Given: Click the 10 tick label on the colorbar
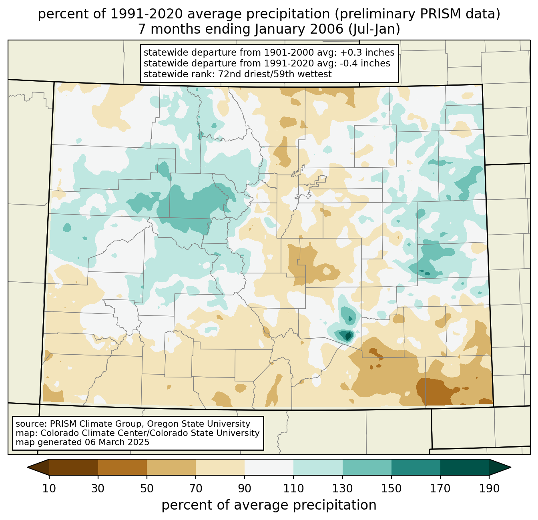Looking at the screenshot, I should coord(49,488).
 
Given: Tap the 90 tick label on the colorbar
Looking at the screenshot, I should coord(245,488).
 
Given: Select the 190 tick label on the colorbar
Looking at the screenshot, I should coord(489,488).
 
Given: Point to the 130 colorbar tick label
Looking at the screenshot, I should coord(342,488).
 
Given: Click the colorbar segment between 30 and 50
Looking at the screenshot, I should coord(122,467).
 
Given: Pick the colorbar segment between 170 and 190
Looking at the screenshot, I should coord(464,467).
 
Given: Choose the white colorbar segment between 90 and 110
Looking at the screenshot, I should coord(269,467).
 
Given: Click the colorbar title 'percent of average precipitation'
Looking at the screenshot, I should coord(269,505).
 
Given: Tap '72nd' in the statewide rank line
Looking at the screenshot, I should coord(231,74).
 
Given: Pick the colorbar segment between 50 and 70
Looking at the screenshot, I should coord(171,467).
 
